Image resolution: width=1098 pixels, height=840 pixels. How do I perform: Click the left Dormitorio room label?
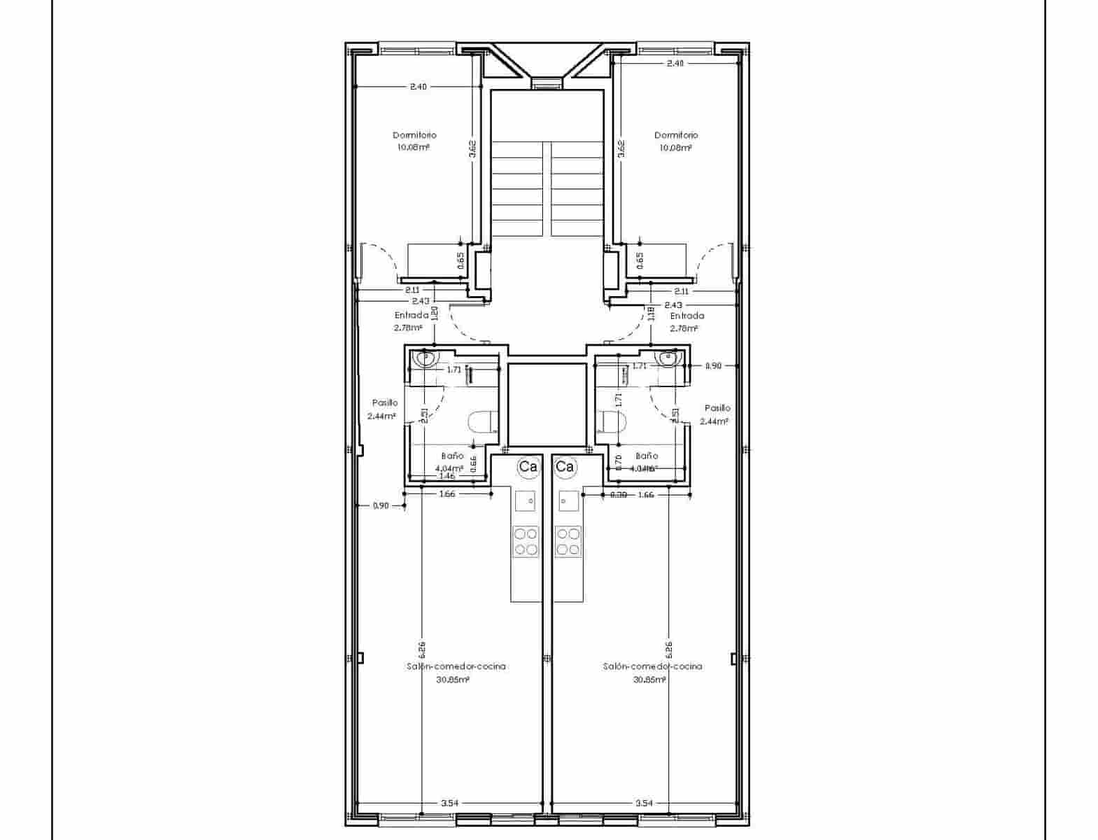414,135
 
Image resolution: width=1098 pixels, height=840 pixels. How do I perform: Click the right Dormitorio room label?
676,135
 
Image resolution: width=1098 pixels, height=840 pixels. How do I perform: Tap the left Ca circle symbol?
528,467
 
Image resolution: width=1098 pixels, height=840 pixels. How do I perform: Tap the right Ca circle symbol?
565,467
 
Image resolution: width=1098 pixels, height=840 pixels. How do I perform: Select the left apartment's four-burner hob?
526,541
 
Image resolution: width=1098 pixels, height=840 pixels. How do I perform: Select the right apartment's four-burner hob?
568,541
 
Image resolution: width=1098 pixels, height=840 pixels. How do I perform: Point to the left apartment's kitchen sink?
526,501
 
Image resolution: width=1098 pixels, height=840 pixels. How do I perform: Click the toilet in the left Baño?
481,423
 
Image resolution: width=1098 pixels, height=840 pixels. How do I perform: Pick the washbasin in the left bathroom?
425,359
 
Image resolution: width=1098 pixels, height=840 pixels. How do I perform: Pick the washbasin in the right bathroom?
668,359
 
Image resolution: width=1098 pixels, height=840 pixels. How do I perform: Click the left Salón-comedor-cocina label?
456,666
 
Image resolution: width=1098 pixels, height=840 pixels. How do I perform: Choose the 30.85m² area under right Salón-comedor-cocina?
649,679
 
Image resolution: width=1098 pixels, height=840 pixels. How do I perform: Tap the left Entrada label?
411,315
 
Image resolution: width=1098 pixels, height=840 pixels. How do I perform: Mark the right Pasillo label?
717,408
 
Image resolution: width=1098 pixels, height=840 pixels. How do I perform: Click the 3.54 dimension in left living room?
450,804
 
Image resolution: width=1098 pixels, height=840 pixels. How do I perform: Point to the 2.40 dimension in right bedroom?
675,63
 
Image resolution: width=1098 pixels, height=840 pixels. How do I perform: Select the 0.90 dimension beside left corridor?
380,505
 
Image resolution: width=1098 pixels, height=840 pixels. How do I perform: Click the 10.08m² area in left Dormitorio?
413,148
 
